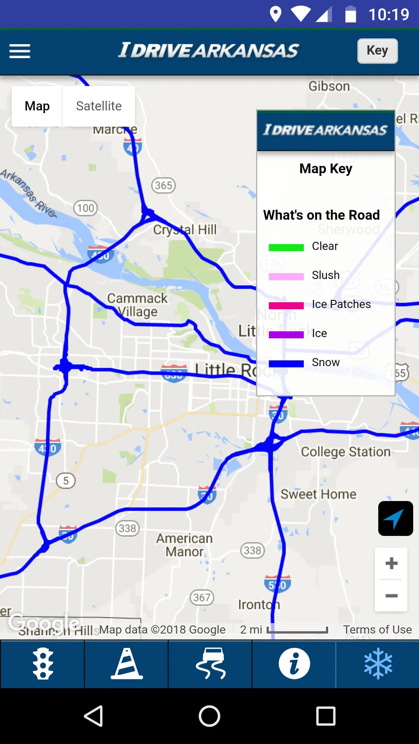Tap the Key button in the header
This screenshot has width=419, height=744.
tap(377, 51)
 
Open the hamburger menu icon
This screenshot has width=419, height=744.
tap(20, 51)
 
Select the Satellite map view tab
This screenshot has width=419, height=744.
tap(99, 106)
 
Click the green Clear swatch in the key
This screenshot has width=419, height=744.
tap(286, 247)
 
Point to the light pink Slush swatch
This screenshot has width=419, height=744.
tap(286, 276)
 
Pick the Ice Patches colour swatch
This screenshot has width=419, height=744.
tap(286, 305)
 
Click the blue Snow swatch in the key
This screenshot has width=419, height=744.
tap(286, 363)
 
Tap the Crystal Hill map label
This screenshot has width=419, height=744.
tap(185, 229)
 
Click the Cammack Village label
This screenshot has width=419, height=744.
tap(137, 305)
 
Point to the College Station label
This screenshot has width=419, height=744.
tap(346, 452)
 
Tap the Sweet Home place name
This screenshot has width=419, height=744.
tap(318, 494)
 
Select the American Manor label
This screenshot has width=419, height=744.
tap(185, 545)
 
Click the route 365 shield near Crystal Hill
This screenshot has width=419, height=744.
tap(163, 185)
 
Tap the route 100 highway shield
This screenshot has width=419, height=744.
tap(85, 208)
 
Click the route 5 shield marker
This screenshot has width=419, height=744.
tap(66, 481)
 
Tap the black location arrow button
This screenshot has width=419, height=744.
tap(395, 518)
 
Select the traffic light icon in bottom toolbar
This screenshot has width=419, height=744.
tap(43, 663)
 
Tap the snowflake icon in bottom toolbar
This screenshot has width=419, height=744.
tap(378, 663)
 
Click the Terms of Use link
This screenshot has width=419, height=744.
tap(377, 630)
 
